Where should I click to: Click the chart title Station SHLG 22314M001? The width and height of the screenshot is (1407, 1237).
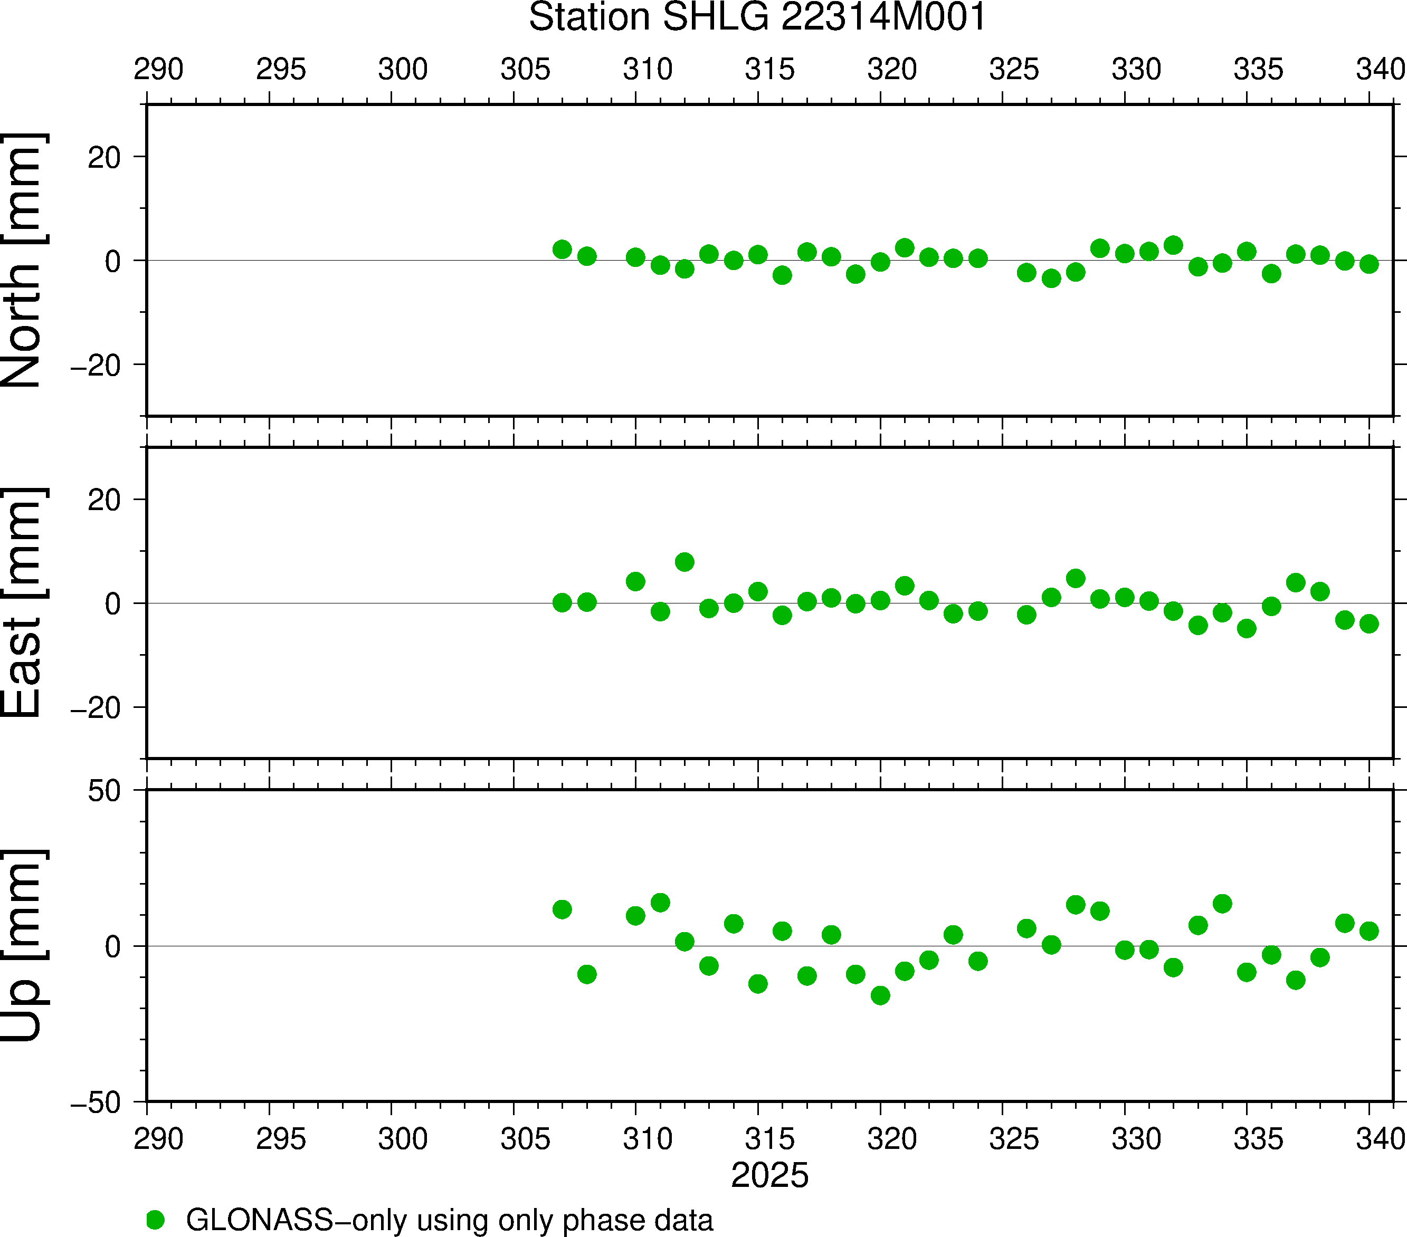coord(757,18)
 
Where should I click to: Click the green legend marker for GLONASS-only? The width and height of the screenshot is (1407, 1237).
coord(156,1220)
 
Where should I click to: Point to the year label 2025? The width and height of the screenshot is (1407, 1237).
coord(769,1175)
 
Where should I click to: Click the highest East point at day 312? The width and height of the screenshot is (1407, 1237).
coord(684,562)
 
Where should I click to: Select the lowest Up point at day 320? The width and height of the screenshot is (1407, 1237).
coord(880,995)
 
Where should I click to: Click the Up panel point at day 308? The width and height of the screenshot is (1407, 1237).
coord(586,974)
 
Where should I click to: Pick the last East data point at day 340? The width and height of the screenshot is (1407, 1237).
coord(1368,624)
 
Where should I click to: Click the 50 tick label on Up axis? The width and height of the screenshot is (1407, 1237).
coord(104,792)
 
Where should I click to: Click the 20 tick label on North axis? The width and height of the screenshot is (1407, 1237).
coord(104,158)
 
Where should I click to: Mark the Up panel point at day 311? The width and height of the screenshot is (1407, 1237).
coord(660,903)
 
